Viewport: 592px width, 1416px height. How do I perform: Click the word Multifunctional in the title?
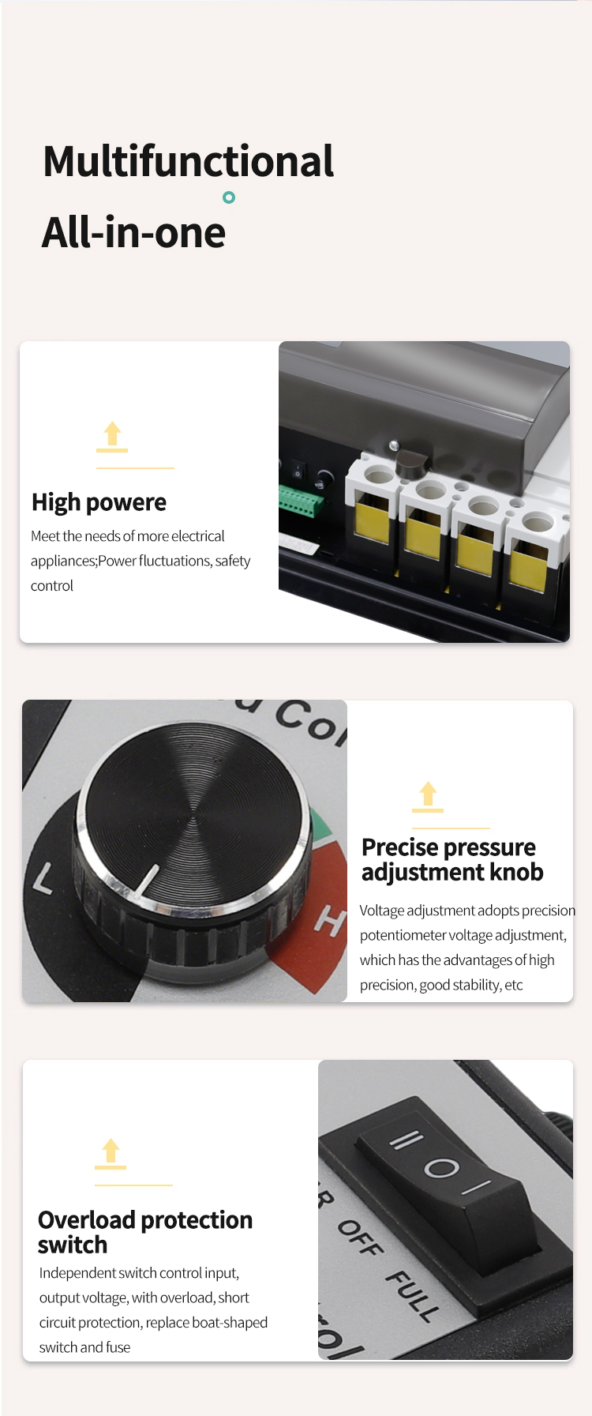(188, 161)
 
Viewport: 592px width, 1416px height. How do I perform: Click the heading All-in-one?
(133, 233)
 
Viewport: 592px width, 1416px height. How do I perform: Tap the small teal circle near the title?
(229, 197)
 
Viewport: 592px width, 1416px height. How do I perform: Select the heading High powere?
(99, 502)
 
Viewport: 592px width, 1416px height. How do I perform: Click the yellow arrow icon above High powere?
(112, 436)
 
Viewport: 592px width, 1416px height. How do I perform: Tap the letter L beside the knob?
(43, 878)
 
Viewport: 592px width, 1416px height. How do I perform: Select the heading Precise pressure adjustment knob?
(451, 859)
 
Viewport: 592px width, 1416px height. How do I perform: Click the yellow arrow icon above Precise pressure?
(428, 796)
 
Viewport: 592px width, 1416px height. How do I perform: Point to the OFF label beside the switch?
(361, 1238)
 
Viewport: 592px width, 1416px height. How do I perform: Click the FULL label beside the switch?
(412, 1296)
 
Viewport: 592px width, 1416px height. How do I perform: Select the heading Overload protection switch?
(144, 1232)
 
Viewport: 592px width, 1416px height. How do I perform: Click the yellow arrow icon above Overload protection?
(111, 1153)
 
